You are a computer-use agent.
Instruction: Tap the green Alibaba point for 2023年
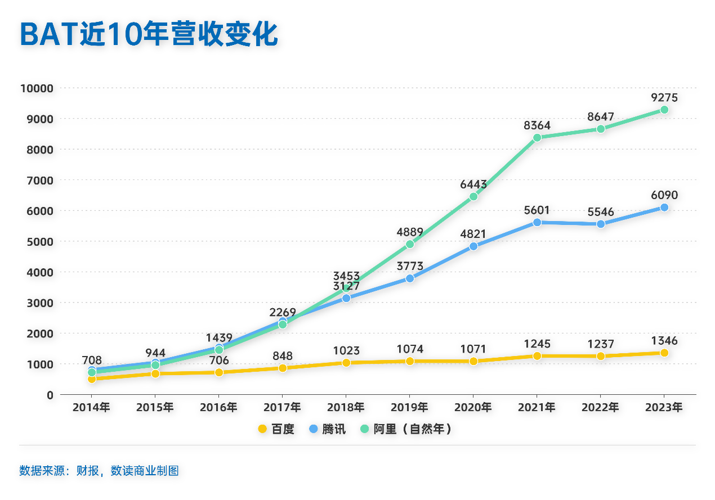click(664, 110)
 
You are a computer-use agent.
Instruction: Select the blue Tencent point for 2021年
click(537, 222)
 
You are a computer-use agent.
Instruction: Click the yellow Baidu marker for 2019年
click(410, 361)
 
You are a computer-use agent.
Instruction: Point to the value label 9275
click(664, 98)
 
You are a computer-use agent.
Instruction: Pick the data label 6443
click(473, 184)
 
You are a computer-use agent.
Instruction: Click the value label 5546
click(601, 212)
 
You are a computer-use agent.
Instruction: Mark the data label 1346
click(664, 341)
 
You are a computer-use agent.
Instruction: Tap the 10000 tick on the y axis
click(37, 88)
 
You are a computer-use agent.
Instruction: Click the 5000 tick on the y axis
click(39, 241)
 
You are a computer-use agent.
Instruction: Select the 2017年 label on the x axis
click(282, 407)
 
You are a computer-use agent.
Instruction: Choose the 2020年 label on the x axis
click(473, 407)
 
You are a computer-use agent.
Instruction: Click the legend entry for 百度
click(276, 429)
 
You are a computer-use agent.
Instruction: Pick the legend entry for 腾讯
click(328, 429)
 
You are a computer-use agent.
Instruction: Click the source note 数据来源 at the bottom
click(99, 471)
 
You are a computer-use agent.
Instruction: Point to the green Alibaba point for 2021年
click(537, 137)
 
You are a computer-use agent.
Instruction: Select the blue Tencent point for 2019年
click(410, 278)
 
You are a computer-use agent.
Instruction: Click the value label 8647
click(601, 117)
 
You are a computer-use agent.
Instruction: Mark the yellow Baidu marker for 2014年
click(92, 379)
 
